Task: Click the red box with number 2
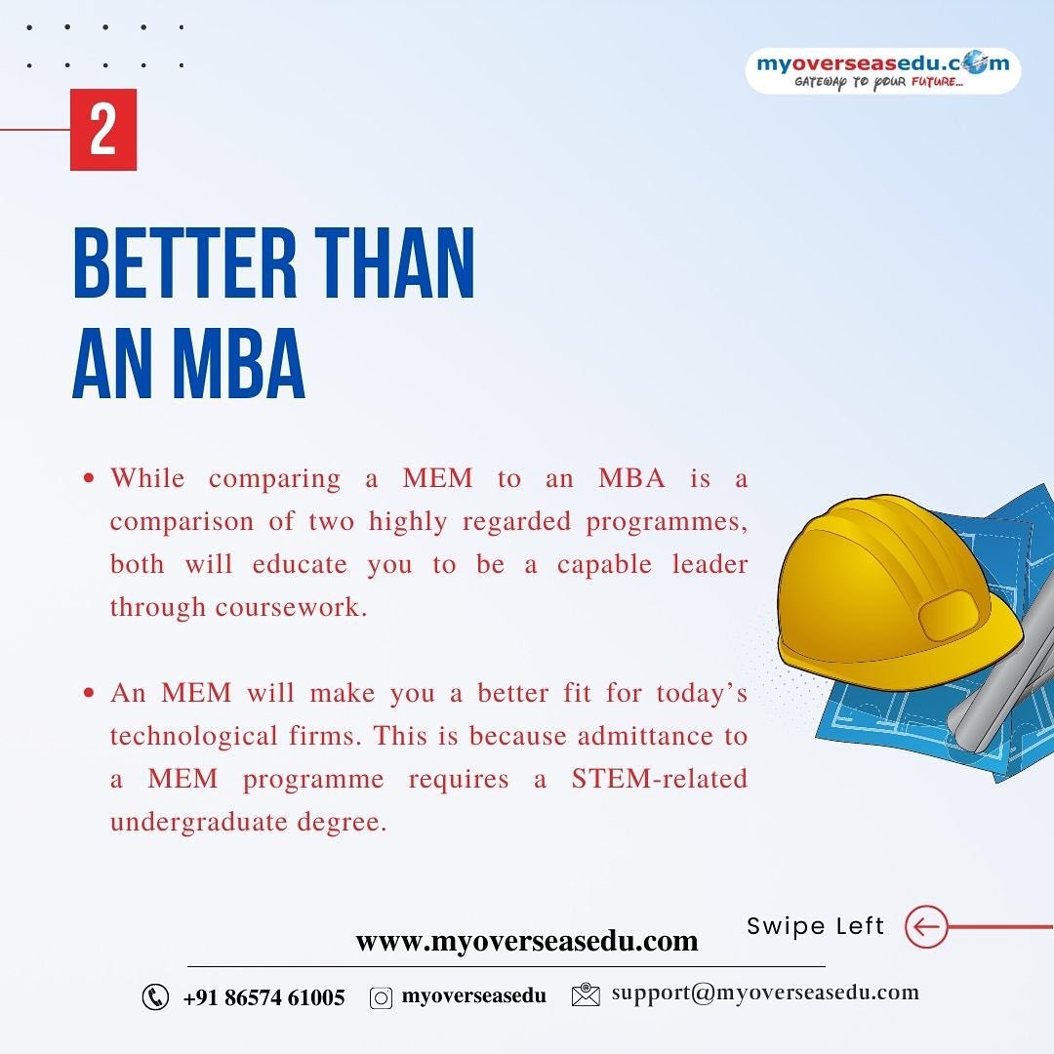[102, 130]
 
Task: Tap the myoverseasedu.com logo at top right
[883, 71]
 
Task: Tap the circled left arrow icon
[925, 926]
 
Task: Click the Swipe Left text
[815, 926]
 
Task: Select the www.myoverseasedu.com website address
[527, 942]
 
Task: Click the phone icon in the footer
[155, 996]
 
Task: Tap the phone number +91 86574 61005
[263, 997]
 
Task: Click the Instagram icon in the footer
[381, 997]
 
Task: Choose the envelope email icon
[586, 995]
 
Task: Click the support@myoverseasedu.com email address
[765, 993]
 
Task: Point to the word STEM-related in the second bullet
[660, 779]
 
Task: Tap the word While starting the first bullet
[146, 478]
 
